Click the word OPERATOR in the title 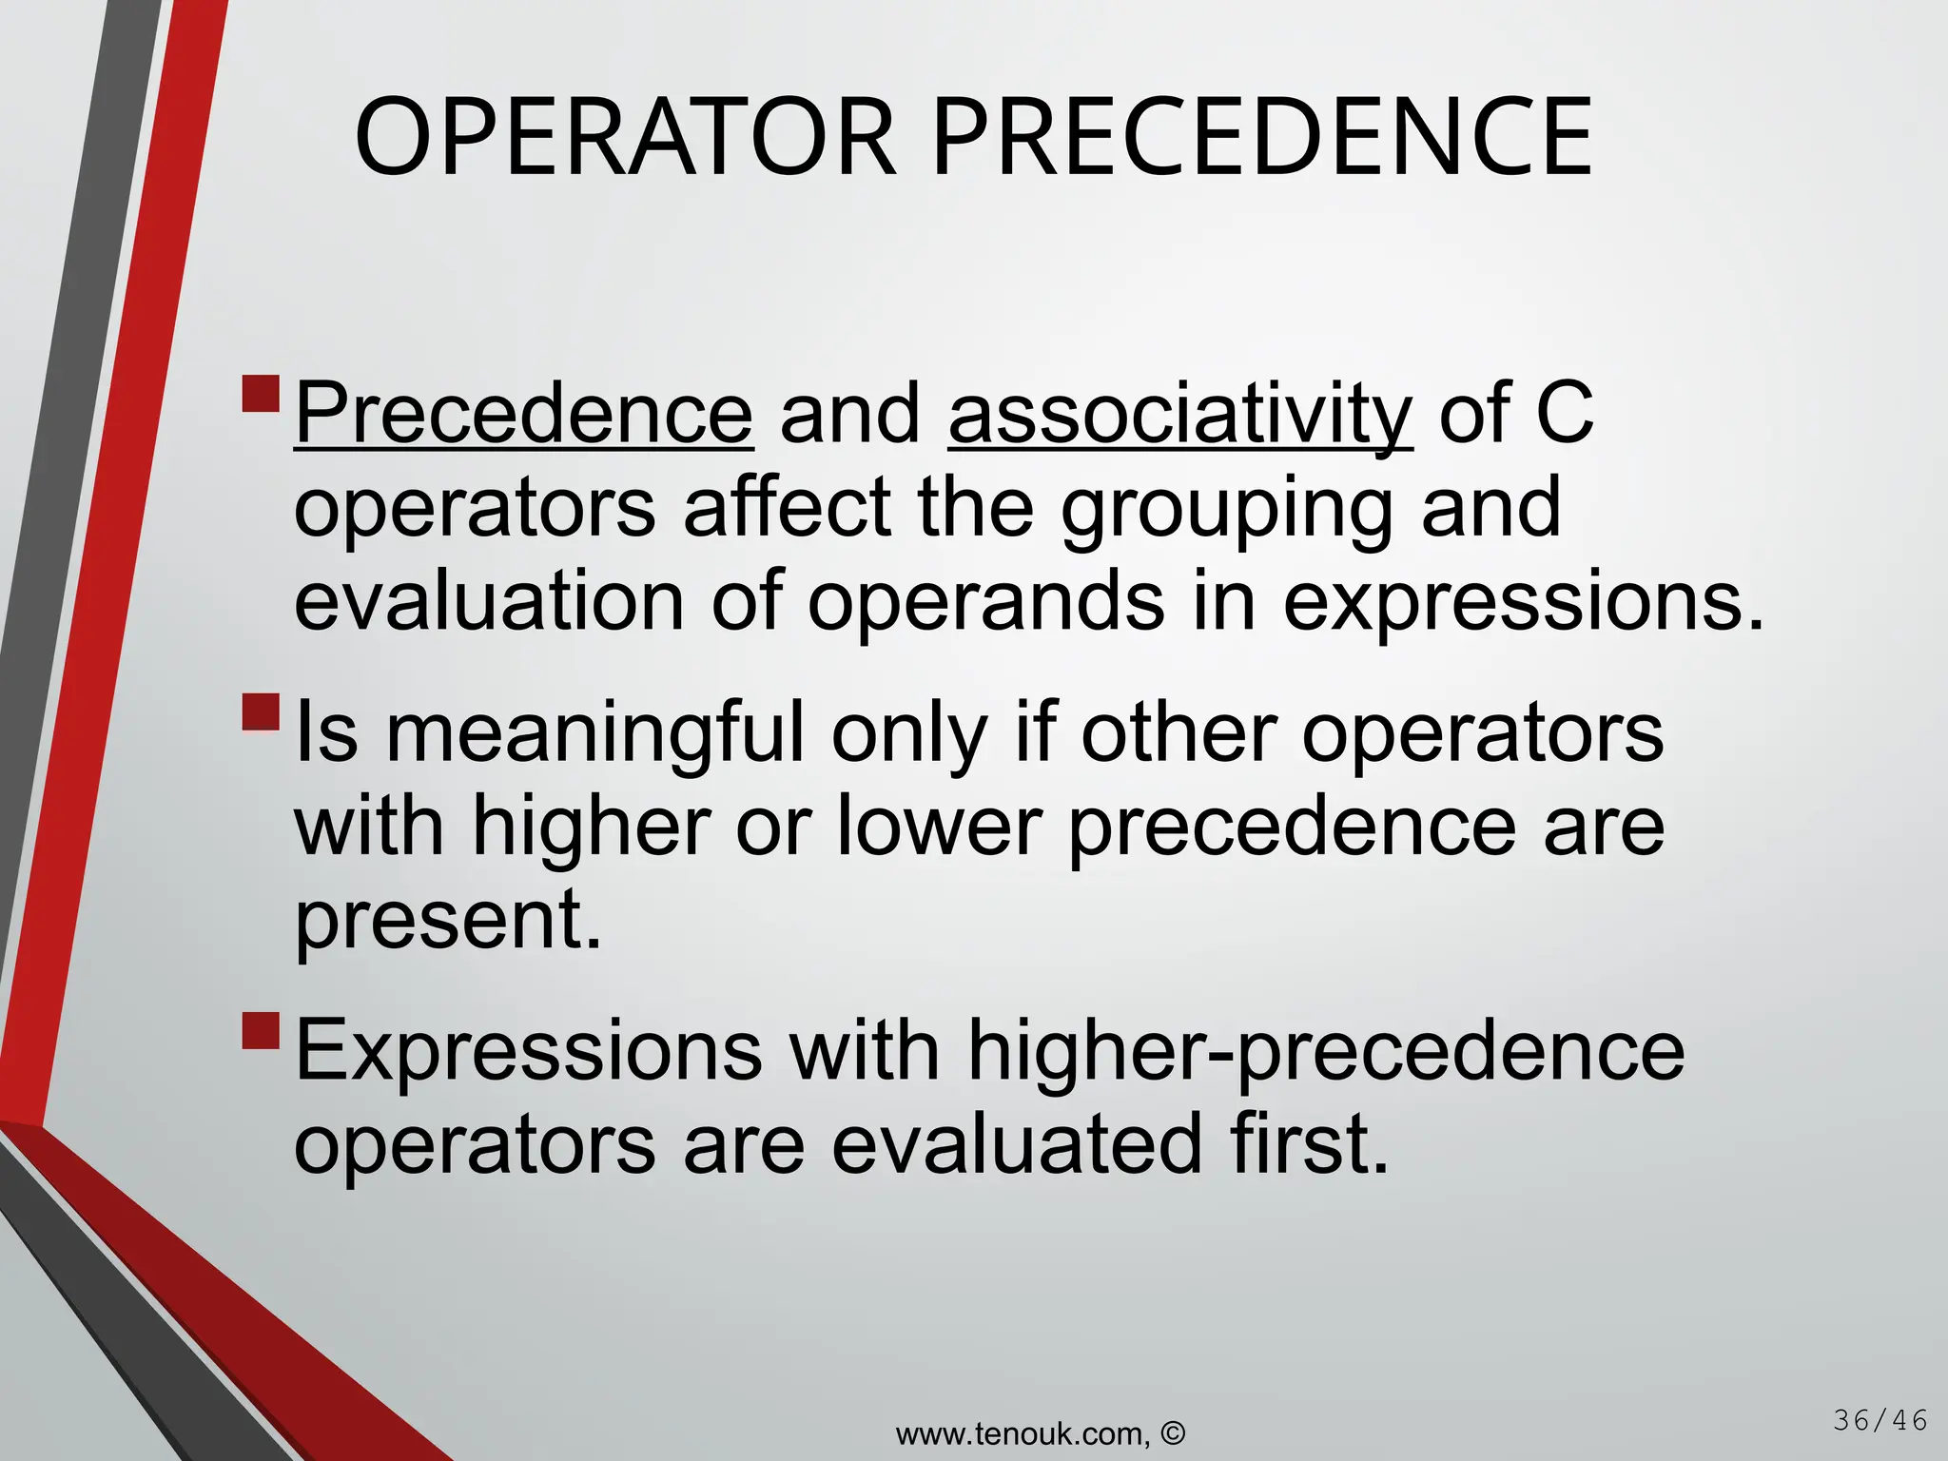point(625,138)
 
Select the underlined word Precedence point(523,414)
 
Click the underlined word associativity point(1180,414)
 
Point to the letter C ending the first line point(1564,414)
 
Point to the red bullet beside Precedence point(261,394)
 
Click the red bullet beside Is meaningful point(261,712)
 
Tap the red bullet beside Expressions point(261,1030)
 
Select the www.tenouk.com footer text point(1023,1433)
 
